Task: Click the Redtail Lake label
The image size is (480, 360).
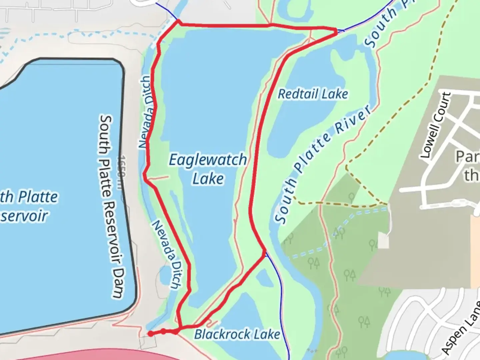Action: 313,94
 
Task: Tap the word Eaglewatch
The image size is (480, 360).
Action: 208,160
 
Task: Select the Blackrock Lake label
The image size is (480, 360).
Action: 237,334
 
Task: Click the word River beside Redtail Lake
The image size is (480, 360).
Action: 353,120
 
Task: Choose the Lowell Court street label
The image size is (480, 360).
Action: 435,125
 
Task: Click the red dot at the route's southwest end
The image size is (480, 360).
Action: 151,334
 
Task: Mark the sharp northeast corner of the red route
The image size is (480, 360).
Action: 336,31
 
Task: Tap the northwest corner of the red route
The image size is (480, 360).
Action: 179,22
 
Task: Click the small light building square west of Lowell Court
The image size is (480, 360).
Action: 383,240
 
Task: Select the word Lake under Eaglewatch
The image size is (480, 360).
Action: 208,179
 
